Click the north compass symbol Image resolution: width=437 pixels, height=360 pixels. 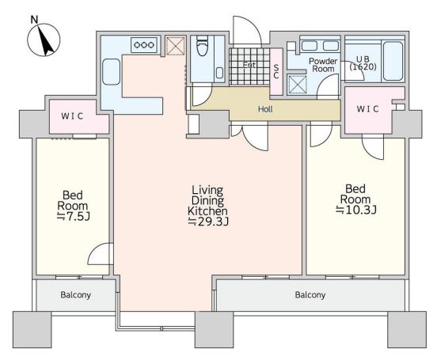[44, 40]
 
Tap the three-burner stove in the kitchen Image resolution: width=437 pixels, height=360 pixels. [144, 45]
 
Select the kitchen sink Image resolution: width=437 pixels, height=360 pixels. [111, 72]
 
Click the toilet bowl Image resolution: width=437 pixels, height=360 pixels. [203, 46]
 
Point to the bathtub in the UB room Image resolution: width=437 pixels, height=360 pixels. [393, 61]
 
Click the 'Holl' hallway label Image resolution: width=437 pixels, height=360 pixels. [265, 109]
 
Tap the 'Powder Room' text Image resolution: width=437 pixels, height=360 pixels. [323, 65]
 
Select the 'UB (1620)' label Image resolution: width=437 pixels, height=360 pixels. [363, 63]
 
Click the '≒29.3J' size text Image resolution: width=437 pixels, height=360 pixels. [208, 222]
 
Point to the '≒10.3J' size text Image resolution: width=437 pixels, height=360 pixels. [356, 210]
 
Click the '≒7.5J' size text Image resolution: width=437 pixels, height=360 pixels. [73, 216]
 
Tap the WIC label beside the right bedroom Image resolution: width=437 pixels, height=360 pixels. [367, 108]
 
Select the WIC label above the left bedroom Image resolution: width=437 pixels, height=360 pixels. [72, 116]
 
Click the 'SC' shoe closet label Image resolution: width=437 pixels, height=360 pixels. [276, 71]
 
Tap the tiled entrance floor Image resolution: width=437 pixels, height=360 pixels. [249, 66]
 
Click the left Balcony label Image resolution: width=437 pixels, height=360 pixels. [75, 295]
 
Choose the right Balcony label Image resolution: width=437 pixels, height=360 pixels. [310, 295]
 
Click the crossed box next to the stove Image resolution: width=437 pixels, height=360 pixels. [175, 45]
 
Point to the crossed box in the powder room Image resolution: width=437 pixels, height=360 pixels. [297, 85]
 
